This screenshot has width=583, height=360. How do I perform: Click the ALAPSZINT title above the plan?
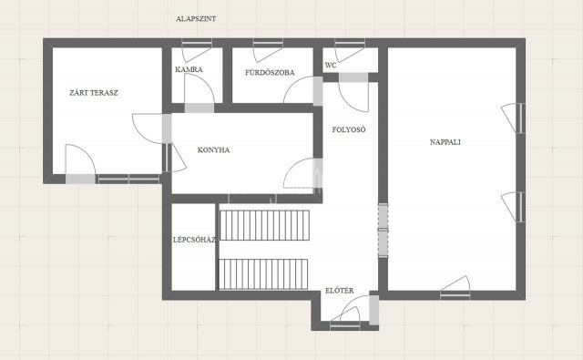point(196,18)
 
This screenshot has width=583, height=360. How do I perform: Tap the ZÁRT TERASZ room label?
point(94,93)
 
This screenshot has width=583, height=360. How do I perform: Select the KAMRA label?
point(189,69)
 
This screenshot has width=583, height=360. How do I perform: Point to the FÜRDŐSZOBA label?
point(270,73)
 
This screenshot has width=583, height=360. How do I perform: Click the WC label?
point(331,65)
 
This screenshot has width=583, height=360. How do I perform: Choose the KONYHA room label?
point(213,149)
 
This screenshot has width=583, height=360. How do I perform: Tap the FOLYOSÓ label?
point(349,129)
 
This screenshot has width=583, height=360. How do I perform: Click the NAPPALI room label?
point(445,141)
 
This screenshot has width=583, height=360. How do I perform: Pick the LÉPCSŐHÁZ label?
point(194,240)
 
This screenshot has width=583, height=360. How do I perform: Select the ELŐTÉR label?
point(340,291)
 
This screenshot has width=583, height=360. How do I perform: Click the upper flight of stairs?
point(265,225)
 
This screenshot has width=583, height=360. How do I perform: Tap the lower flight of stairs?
point(263,274)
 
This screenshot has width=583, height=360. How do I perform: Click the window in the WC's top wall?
point(350,43)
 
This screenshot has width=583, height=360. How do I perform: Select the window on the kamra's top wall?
point(197,43)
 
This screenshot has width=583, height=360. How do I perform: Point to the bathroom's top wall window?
point(268,43)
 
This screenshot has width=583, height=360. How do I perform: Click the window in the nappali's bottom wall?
point(455,295)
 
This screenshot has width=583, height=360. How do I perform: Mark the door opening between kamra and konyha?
point(199,108)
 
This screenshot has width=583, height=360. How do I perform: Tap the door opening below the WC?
point(353,77)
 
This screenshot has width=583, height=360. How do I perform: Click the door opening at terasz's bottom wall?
point(80,179)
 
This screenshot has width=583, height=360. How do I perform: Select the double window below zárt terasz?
point(128,179)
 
